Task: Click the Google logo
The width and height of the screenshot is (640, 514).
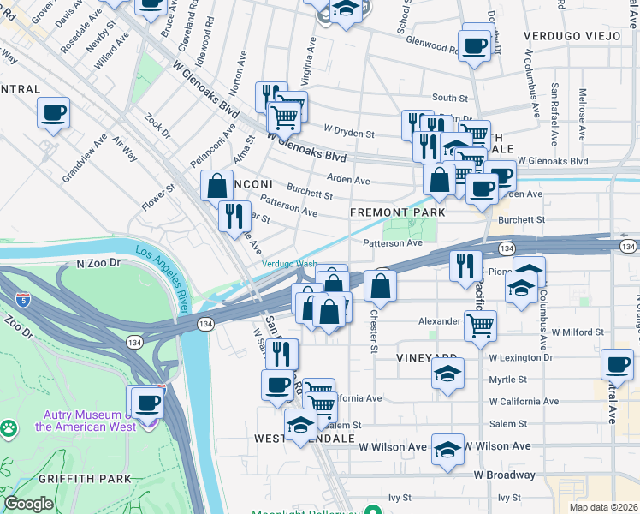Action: click(28, 504)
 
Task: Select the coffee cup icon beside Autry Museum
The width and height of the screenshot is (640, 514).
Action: click(144, 402)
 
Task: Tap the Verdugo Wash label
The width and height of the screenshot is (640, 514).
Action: click(288, 264)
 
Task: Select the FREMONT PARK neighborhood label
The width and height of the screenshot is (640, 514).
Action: click(398, 212)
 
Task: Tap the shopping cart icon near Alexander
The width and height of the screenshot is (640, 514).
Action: click(481, 325)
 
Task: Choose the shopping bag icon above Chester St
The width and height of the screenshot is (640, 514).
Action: click(380, 286)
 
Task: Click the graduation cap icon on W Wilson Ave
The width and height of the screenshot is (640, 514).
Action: click(447, 449)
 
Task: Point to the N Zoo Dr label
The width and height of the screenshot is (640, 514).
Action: click(99, 265)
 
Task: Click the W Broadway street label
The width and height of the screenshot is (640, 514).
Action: click(505, 475)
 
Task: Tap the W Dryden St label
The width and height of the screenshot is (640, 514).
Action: click(349, 134)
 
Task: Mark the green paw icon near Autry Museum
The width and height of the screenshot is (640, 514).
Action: click(8, 427)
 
